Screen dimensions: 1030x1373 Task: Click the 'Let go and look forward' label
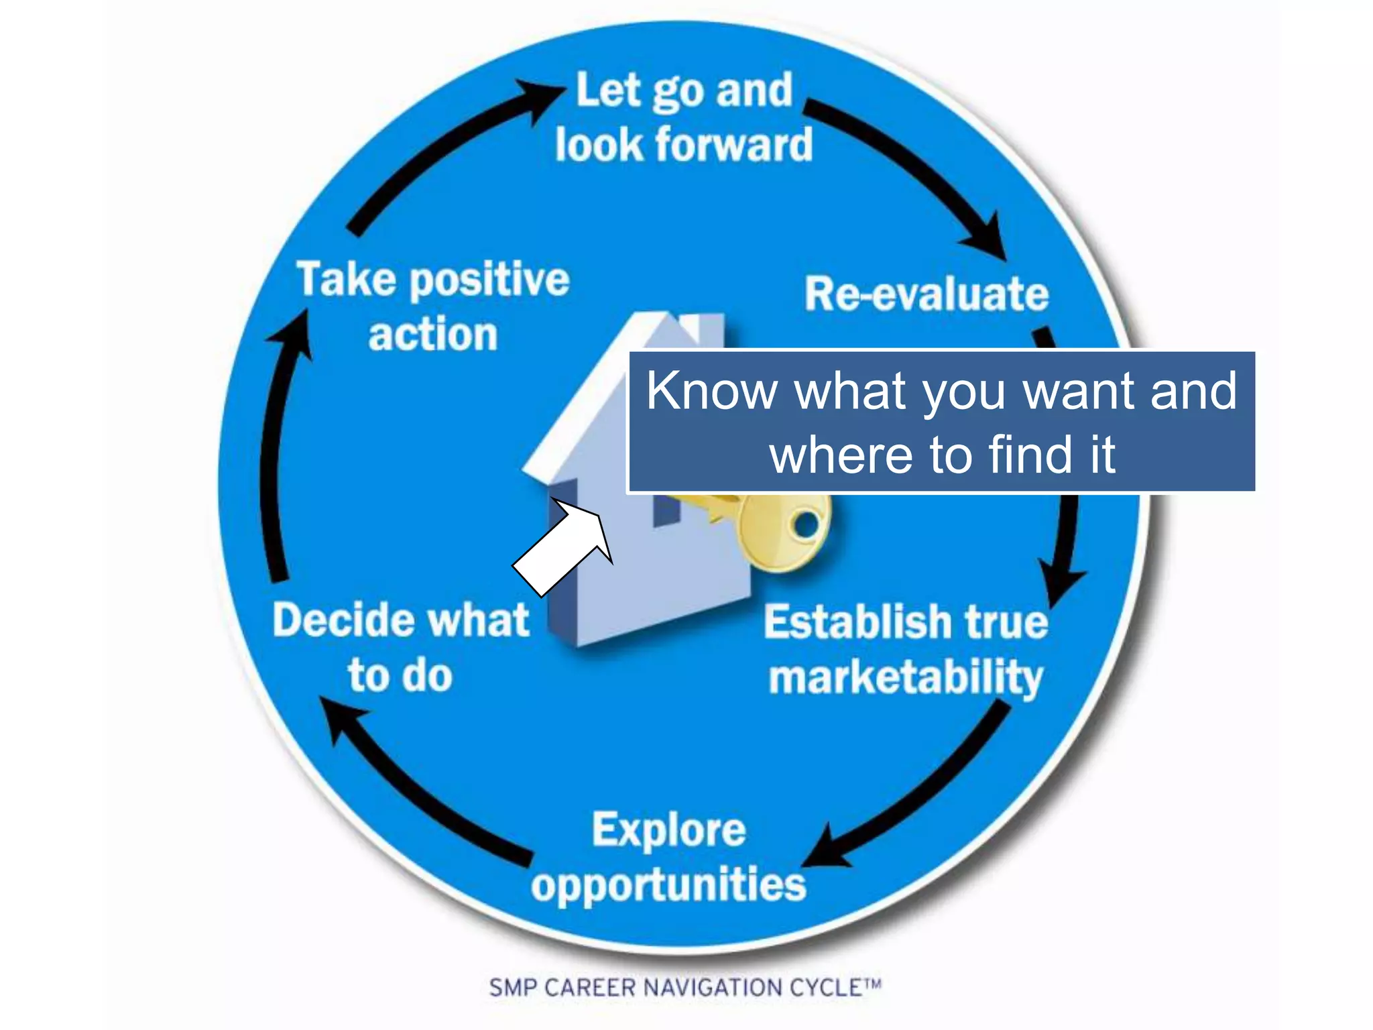(x=684, y=117)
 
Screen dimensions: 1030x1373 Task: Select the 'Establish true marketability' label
(x=906, y=649)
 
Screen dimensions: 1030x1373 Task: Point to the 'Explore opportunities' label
(x=668, y=857)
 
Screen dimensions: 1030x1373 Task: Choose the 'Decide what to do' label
(x=401, y=646)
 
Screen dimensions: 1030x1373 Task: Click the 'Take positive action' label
(x=433, y=306)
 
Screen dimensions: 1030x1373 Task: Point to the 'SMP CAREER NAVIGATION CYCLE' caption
(x=684, y=988)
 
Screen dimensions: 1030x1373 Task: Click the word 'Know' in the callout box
(x=713, y=391)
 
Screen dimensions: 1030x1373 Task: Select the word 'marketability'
(x=906, y=677)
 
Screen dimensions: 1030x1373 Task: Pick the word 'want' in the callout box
(x=1080, y=391)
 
